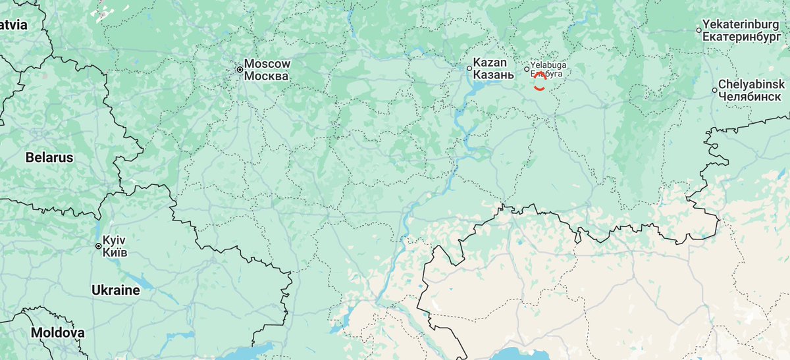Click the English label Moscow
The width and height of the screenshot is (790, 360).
click(x=267, y=64)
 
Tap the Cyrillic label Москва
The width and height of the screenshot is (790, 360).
click(x=266, y=76)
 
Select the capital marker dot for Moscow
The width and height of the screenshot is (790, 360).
click(x=240, y=68)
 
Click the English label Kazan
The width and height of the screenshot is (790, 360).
click(x=490, y=63)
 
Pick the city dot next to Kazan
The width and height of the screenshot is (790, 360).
click(x=469, y=68)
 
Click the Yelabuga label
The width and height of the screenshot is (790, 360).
click(x=548, y=66)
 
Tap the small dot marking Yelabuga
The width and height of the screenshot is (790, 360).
click(x=527, y=69)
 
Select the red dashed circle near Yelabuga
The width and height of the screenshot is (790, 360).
click(x=539, y=82)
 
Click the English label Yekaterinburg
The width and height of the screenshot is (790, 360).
click(x=745, y=24)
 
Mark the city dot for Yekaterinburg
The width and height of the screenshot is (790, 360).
click(x=699, y=30)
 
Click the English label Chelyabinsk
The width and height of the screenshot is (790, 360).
click(x=751, y=84)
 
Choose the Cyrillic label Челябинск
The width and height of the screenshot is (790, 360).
click(x=750, y=96)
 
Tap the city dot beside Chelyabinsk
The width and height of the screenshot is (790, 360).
click(x=714, y=90)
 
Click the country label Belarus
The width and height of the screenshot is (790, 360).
click(x=49, y=158)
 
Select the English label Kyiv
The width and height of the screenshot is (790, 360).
click(x=114, y=240)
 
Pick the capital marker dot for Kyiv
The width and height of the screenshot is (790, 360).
click(x=98, y=246)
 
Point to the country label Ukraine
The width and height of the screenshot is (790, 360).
click(x=115, y=290)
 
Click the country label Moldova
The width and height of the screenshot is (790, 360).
click(x=57, y=333)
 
